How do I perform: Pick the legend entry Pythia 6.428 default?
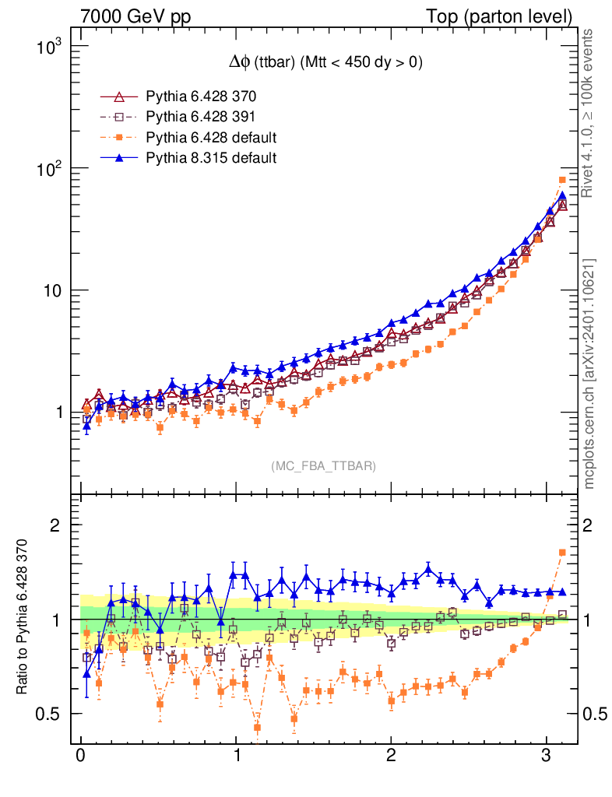coord(211,138)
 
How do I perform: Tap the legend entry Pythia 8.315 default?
coord(211,158)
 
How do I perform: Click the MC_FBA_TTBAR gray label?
coord(324,466)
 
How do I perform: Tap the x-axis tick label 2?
coord(391,757)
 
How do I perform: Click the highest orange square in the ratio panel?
coord(562,553)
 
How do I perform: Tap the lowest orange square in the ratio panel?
coord(257,728)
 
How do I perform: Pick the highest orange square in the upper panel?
coord(562,180)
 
